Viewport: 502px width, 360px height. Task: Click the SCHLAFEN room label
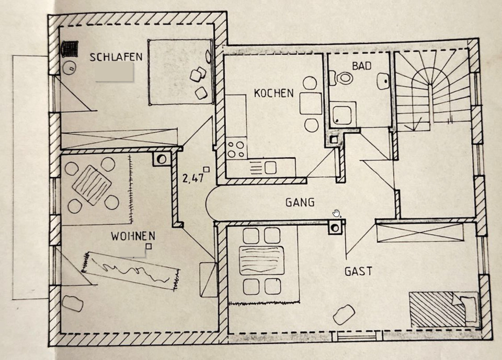click(x=116, y=57)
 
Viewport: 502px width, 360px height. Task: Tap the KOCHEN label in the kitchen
click(x=273, y=94)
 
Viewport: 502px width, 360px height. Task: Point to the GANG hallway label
click(x=300, y=202)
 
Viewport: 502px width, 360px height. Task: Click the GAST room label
click(x=358, y=271)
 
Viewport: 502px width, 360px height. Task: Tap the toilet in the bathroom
click(x=345, y=78)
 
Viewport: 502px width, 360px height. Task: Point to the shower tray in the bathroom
click(x=343, y=113)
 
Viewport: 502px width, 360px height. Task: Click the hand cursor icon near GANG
click(x=337, y=213)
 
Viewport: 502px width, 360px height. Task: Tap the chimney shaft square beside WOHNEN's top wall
click(x=162, y=158)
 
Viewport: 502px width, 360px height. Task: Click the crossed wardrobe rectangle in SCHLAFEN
click(x=120, y=140)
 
